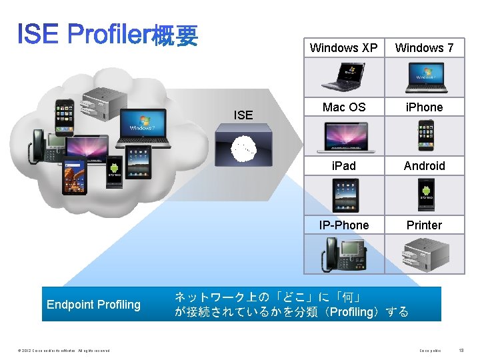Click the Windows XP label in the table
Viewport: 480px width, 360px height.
coord(343,48)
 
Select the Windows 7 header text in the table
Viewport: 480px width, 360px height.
coord(424,48)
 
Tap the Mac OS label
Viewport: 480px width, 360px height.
coord(344,107)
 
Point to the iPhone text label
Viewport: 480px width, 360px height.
coord(424,107)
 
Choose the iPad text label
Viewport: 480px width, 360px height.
coord(344,166)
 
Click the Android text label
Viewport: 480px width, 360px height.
coord(424,166)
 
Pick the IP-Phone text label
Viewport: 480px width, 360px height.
coord(344,225)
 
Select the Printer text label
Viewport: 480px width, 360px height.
coord(424,225)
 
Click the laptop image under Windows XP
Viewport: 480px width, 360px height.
coord(344,76)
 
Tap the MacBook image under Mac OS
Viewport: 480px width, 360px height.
coord(344,137)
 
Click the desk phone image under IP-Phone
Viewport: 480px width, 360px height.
coord(344,253)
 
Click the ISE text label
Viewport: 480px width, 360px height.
coord(243,115)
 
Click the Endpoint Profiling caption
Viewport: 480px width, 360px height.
coord(94,305)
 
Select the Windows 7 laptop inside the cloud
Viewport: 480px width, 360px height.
coord(142,126)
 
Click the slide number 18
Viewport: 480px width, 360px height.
coord(462,350)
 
